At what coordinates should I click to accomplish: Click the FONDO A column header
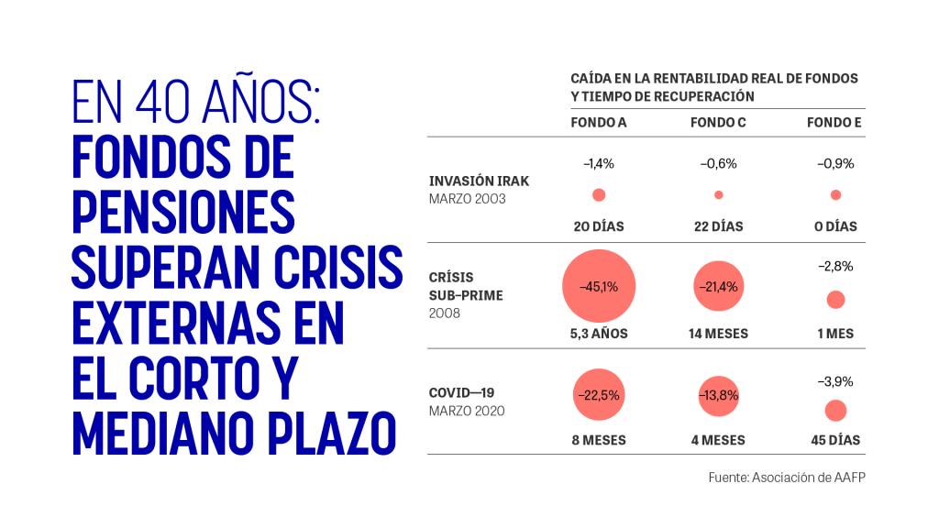598,123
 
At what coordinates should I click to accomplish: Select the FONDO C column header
718,123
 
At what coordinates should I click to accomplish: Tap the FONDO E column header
834,123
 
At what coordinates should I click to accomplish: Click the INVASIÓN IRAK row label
479,181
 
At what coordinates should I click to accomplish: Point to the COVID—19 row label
462,392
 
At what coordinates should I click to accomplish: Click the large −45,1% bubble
599,286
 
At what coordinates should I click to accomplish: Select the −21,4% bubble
719,286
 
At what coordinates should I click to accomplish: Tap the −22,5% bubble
599,394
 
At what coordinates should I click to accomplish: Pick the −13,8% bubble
719,396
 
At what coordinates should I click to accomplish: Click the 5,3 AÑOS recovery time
599,334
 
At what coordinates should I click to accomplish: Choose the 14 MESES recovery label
718,334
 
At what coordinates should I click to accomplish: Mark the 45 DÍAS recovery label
835,440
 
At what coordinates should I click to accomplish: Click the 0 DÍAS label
835,226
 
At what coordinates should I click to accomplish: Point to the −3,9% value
835,381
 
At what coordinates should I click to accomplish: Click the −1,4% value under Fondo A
599,163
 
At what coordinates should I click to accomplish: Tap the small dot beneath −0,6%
719,194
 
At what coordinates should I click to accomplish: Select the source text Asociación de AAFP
809,477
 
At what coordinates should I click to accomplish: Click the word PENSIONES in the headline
183,212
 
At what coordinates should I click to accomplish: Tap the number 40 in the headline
162,102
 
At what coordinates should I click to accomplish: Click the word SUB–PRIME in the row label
466,295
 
